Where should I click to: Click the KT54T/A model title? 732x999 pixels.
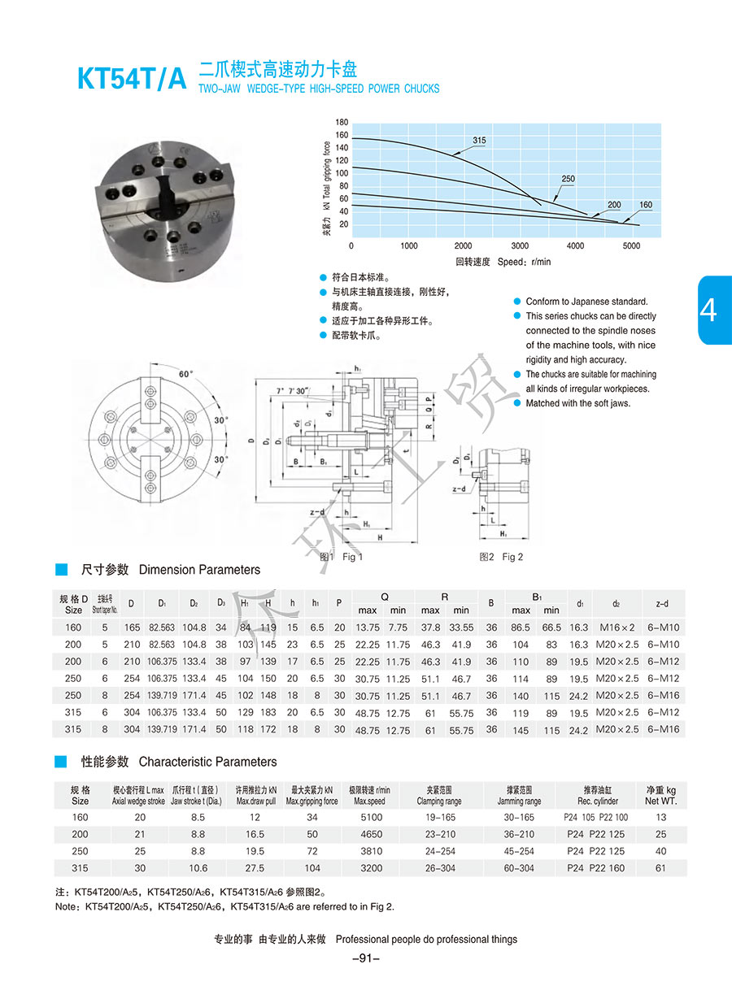(132, 80)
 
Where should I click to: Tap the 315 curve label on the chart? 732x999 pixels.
(479, 141)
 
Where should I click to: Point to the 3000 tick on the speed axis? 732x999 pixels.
(520, 245)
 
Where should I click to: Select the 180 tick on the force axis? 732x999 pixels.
(342, 122)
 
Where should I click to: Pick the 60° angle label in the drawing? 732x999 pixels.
(186, 374)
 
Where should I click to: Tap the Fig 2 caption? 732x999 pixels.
(501, 557)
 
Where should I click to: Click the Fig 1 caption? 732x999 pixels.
(342, 557)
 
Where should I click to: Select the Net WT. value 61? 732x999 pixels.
(660, 868)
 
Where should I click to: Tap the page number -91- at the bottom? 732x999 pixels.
(366, 958)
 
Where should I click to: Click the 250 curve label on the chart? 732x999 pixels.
(568, 179)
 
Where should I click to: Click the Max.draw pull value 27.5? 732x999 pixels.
(255, 868)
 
